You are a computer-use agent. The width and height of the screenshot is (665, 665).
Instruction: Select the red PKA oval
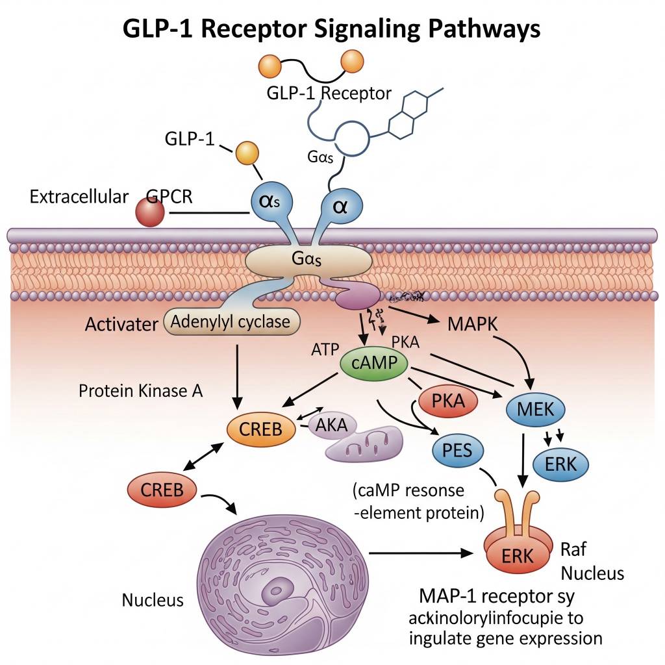448,400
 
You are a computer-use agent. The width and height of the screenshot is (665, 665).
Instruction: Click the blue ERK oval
559,464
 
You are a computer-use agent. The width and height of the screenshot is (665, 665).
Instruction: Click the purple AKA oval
331,426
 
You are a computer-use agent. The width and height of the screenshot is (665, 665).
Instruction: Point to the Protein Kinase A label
141,391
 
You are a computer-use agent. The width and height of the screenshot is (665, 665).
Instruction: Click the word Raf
572,549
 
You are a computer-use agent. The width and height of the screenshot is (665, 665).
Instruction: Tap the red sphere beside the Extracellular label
150,213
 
